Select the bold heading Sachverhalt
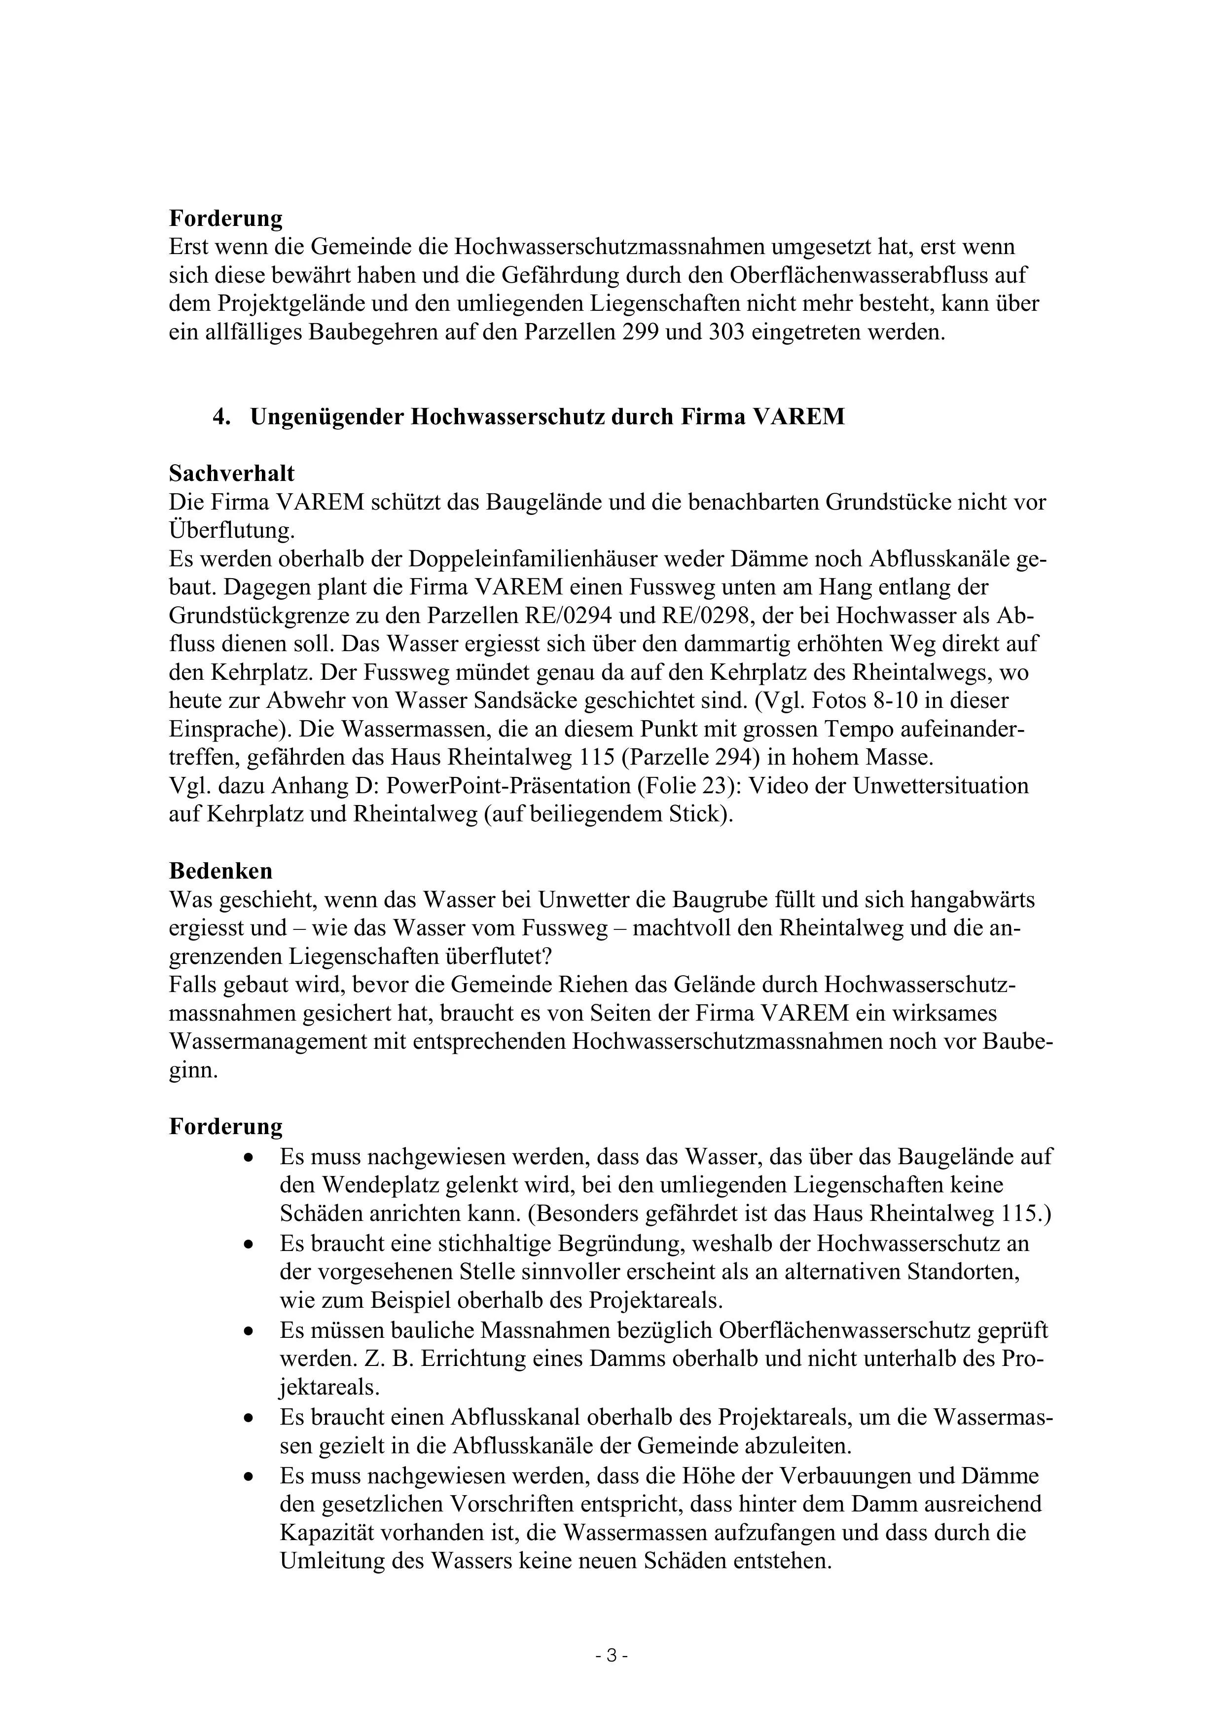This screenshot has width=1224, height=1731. [231, 474]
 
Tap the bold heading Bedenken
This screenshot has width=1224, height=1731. [220, 871]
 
